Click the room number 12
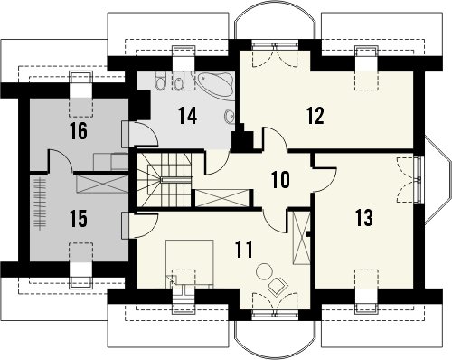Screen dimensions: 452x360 coord(315,115)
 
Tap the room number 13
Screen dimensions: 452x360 coord(364,217)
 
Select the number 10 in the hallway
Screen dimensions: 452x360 coord(280,179)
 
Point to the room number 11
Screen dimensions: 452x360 coord(243,250)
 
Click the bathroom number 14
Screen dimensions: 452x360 coord(187,116)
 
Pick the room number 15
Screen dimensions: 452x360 coord(79,218)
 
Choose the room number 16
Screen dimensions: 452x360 coord(79,131)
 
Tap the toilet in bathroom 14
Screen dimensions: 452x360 coord(161,81)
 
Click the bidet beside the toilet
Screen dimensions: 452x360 coord(178,81)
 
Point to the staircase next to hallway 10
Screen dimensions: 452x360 coord(164,180)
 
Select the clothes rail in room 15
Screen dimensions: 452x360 coord(39,204)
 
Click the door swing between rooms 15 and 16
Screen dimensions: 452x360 coord(61,161)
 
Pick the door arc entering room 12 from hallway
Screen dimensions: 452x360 coord(275,138)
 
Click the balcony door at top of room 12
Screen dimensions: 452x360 coord(275,55)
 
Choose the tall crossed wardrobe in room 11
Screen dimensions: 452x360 coord(302,238)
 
